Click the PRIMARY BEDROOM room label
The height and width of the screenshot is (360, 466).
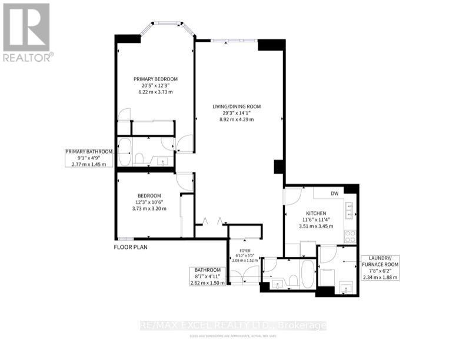155,79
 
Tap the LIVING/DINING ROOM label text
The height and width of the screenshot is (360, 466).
237,106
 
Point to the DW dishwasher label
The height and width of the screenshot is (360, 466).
334,193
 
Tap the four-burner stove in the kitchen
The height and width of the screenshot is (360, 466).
350,236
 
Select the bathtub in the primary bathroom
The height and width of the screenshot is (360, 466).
125,152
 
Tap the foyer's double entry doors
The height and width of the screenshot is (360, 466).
244,276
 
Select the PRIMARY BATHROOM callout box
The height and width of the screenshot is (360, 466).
88,158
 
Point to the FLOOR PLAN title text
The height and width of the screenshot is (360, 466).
131,247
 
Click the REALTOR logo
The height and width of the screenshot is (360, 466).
27,32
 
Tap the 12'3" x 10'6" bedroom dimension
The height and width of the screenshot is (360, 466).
149,202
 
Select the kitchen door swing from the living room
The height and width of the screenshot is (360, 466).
294,195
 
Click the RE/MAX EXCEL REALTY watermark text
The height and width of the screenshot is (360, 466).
234,325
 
